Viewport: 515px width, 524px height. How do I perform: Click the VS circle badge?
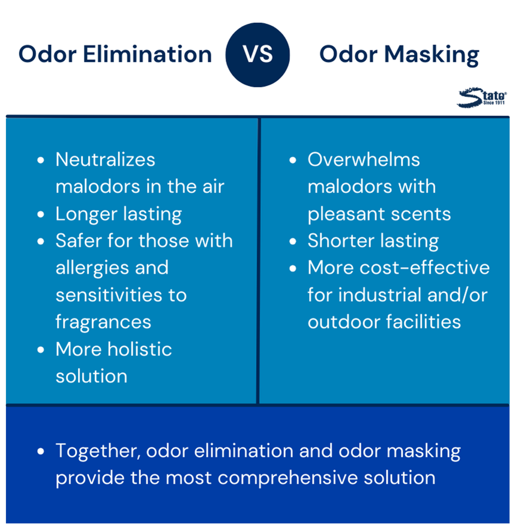point(257,55)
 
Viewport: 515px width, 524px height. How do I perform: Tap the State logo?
point(482,97)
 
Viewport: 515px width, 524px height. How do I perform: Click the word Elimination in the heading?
point(147,54)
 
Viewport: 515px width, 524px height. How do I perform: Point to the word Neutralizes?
point(105,159)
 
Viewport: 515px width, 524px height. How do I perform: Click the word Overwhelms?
point(364,159)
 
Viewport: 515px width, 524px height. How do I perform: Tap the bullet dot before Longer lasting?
point(41,214)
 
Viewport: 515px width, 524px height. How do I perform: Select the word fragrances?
point(103,323)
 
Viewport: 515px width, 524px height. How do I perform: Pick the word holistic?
point(139,349)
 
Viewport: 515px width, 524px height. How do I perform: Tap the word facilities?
point(423,322)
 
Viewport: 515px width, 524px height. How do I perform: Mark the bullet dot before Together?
point(41,451)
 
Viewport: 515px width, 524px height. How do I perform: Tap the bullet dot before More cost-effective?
point(293,269)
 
